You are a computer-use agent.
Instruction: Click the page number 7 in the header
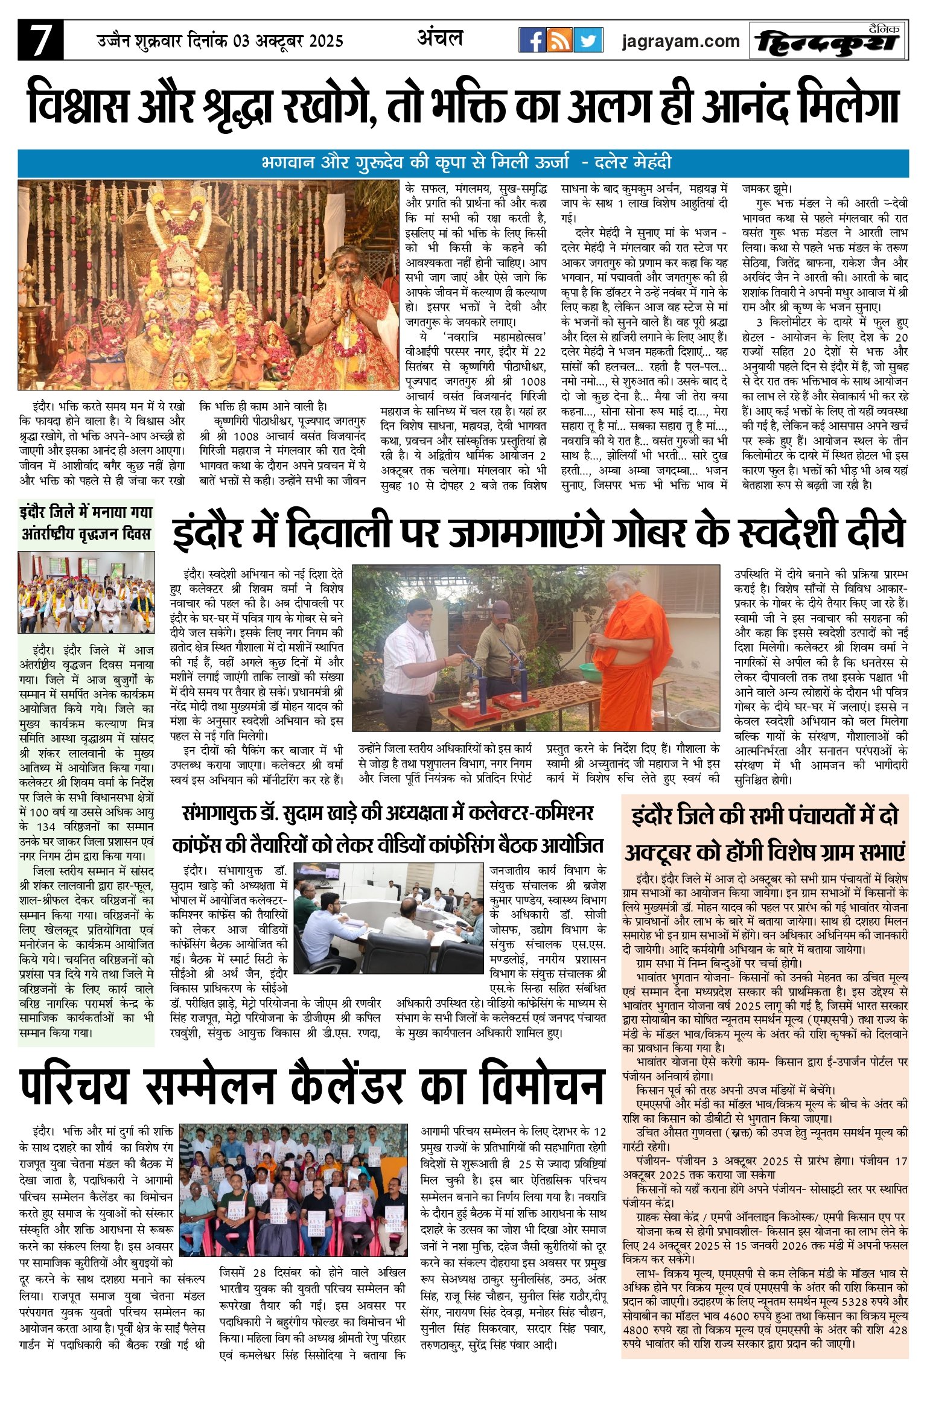[x=40, y=41]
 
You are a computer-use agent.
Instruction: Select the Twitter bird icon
[x=587, y=40]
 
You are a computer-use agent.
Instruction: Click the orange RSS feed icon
[x=559, y=40]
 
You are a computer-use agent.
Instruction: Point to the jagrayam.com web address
[x=680, y=41]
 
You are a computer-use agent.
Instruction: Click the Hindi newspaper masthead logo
[x=829, y=42]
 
